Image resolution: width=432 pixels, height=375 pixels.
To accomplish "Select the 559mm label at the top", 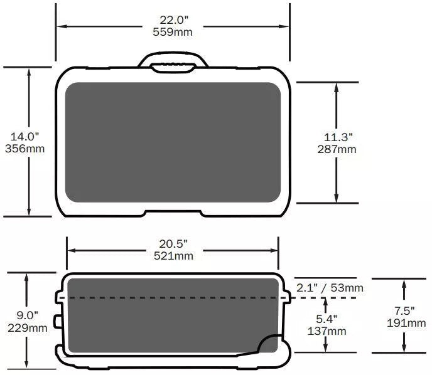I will click(172, 32).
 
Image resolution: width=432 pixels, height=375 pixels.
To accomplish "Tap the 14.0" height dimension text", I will click(24, 136).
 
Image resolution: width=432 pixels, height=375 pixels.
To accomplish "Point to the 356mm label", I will click(24, 149).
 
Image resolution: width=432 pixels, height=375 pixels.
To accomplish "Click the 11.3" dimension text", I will click(337, 137).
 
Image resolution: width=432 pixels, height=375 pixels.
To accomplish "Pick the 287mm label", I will click(337, 149).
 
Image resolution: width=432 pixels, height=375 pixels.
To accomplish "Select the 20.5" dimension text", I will click(173, 243).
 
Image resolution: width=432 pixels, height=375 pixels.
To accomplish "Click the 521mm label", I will click(173, 255).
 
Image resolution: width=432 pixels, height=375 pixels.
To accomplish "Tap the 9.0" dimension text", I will click(27, 315).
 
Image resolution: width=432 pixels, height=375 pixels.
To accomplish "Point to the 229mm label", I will click(27, 327).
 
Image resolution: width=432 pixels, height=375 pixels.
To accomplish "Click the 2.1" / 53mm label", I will click(329, 288).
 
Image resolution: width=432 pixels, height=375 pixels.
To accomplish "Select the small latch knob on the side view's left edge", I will click(58, 321).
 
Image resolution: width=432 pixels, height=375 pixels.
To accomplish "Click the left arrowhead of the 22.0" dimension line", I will click(61, 26).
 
